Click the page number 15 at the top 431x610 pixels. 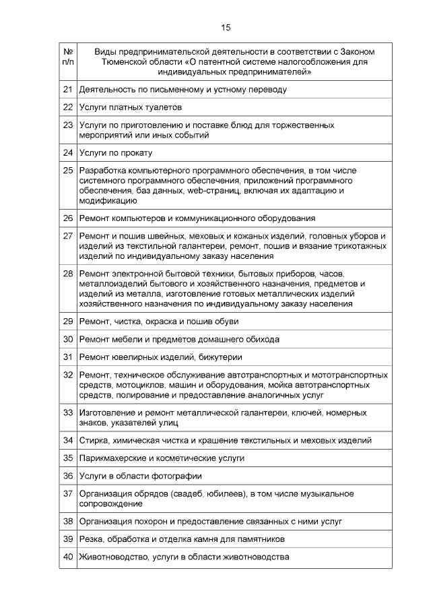(226, 28)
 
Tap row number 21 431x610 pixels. (68, 89)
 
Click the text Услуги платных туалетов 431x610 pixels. (131, 107)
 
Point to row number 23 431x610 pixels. (68, 125)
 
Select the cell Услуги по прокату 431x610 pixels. (116, 153)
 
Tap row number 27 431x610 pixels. (68, 237)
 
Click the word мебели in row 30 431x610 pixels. (127, 339)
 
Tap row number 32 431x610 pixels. (68, 375)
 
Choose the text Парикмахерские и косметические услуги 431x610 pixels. (162, 458)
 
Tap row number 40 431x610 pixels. (68, 557)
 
